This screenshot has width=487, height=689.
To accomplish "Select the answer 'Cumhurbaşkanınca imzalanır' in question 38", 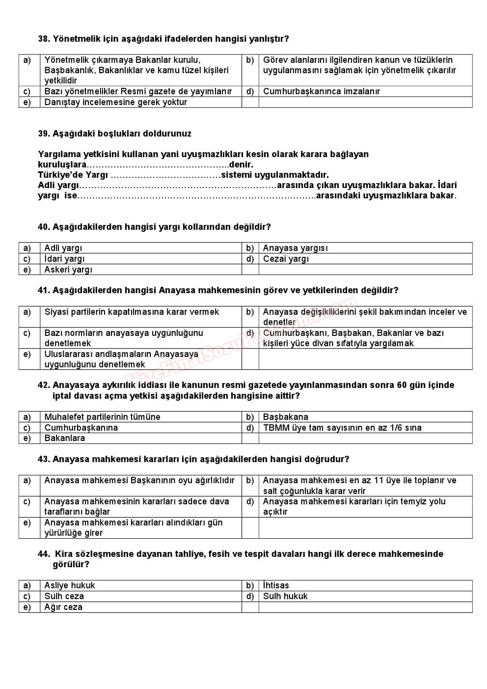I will click(x=321, y=91).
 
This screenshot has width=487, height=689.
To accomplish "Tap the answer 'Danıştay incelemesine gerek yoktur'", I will click(x=115, y=102).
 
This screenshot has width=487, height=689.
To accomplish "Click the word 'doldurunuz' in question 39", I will click(x=170, y=134).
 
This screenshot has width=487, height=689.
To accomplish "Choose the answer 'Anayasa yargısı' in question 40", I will click(x=295, y=248).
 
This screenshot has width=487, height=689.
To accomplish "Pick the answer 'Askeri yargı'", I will click(x=68, y=270).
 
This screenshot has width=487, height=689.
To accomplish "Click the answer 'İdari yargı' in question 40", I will click(x=64, y=259).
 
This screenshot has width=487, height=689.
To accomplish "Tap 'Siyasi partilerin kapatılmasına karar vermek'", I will click(x=132, y=312).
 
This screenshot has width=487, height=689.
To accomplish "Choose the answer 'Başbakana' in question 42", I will click(x=285, y=417).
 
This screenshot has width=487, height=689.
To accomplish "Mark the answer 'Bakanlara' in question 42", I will click(x=64, y=438).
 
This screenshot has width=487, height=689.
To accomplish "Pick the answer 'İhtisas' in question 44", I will click(x=276, y=585).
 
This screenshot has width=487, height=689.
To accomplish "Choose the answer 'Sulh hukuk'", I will click(x=285, y=596).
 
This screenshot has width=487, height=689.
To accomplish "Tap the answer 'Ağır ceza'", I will click(x=63, y=607).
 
